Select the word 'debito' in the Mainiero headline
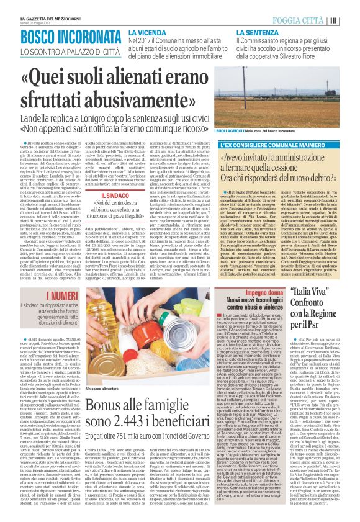pyautogui.click(x=315, y=180)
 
